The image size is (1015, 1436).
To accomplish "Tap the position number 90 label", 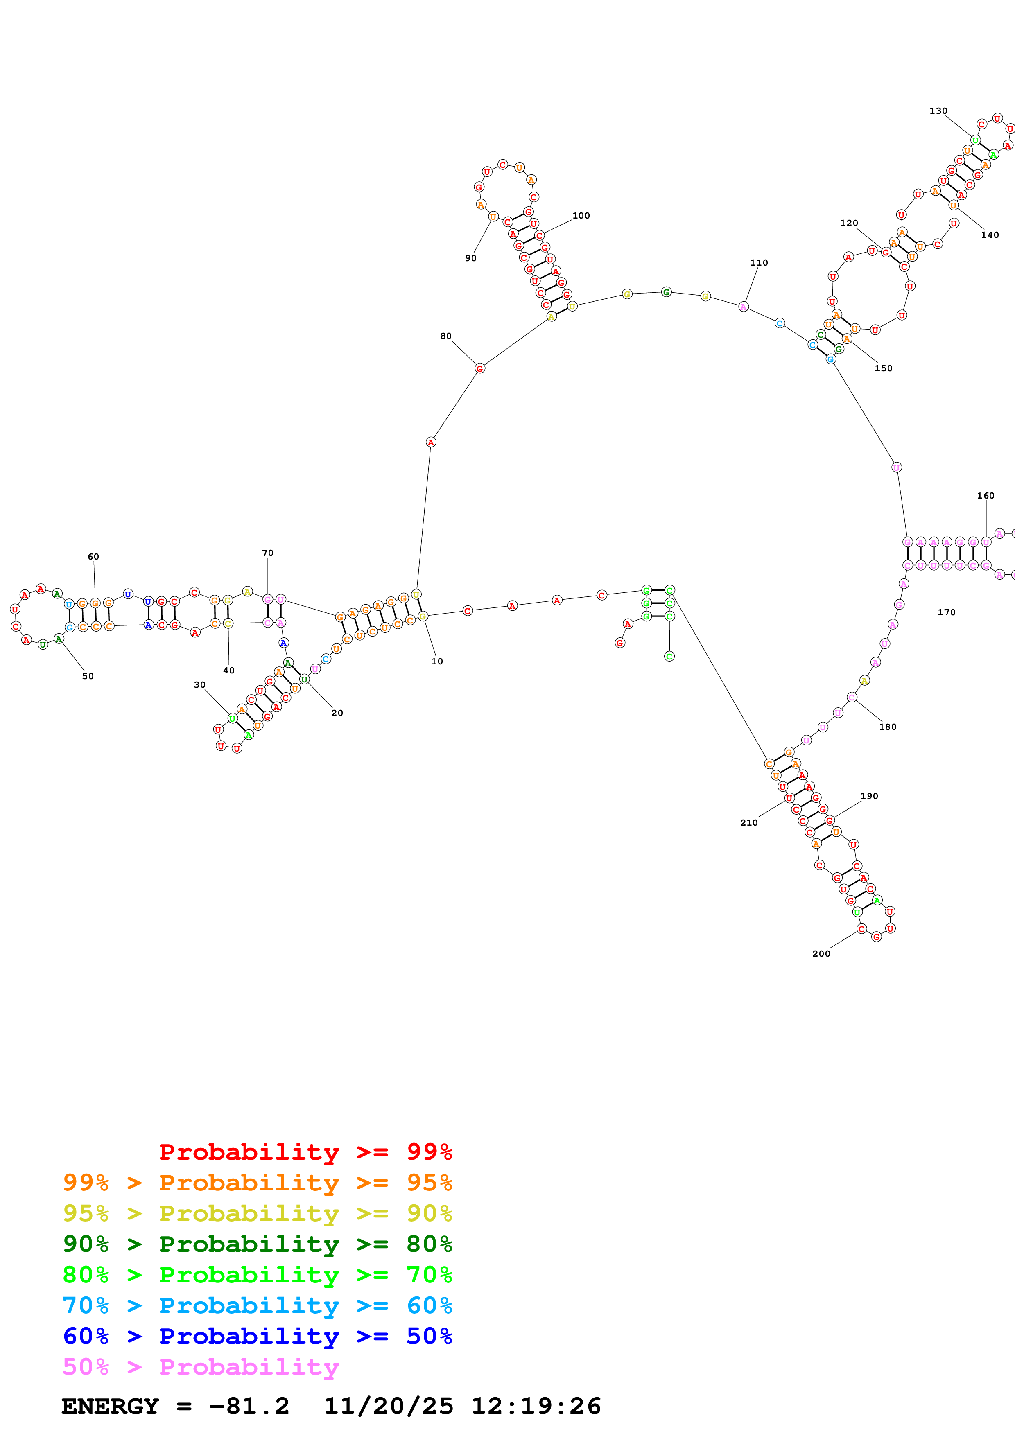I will (470, 258).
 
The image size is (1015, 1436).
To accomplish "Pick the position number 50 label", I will (88, 676).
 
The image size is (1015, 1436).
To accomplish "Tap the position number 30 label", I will (199, 685).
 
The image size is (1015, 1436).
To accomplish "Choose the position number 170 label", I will (946, 612).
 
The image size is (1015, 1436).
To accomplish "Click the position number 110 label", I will (759, 263).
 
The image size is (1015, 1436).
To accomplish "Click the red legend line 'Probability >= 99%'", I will (305, 1152).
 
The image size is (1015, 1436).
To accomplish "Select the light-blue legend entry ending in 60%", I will (257, 1306).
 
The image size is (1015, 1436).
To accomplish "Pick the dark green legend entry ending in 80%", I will (257, 1244).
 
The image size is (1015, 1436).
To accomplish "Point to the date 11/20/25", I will (389, 1407).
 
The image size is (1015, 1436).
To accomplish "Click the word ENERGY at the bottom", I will (110, 1407).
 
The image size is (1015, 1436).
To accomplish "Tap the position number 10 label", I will (436, 662).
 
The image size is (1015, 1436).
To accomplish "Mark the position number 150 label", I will (883, 368).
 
